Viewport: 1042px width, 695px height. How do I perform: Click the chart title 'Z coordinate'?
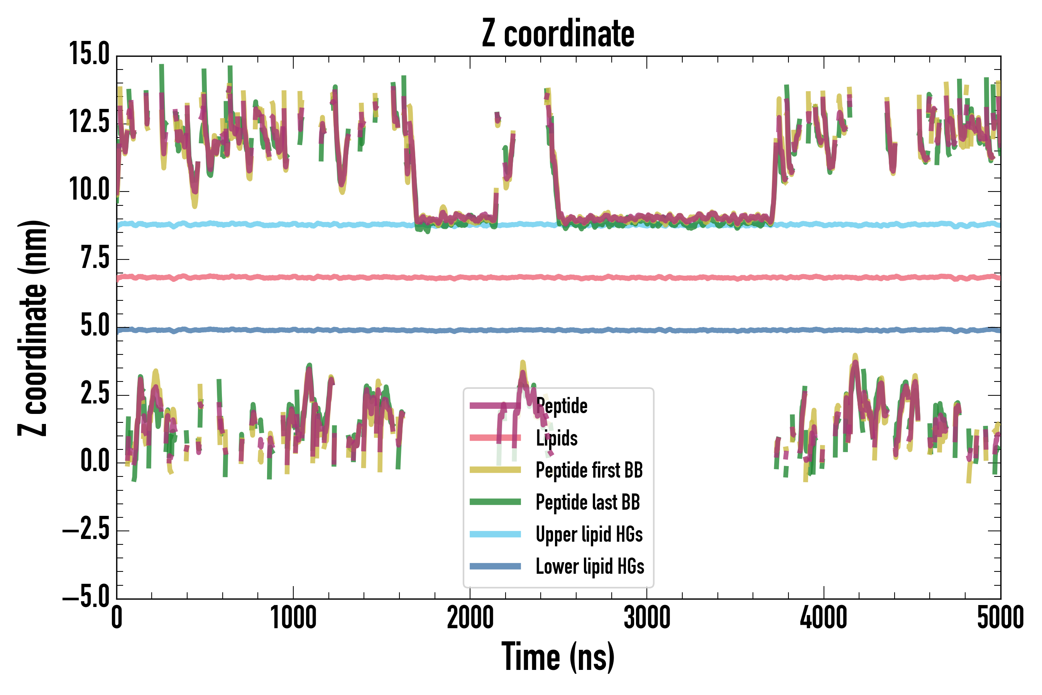pyautogui.click(x=558, y=34)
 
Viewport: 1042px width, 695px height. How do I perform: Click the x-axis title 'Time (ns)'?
pyautogui.click(x=558, y=656)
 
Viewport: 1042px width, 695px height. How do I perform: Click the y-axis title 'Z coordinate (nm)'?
pyautogui.click(x=33, y=327)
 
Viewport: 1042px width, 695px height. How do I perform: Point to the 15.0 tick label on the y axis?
pyautogui.click(x=89, y=54)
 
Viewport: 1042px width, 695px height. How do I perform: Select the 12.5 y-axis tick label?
pyautogui.click(x=89, y=122)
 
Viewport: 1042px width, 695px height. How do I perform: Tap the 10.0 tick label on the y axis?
pyautogui.click(x=89, y=189)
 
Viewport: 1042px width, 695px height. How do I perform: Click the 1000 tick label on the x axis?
pyautogui.click(x=293, y=617)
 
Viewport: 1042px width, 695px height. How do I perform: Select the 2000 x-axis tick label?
pyautogui.click(x=470, y=617)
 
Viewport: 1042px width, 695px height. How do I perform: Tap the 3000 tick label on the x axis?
pyautogui.click(x=647, y=617)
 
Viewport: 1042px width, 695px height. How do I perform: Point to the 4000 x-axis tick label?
pyautogui.click(x=824, y=617)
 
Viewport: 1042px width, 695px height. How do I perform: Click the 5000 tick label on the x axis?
pyautogui.click(x=1000, y=617)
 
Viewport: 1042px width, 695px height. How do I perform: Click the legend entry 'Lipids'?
pyautogui.click(x=557, y=438)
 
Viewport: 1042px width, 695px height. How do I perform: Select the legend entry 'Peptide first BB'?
pyautogui.click(x=589, y=470)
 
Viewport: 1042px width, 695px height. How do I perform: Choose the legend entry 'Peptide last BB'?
pyautogui.click(x=587, y=502)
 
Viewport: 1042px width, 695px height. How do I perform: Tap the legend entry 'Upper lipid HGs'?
pyautogui.click(x=589, y=534)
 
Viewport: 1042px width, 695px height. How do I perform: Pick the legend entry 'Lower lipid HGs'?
pyautogui.click(x=590, y=566)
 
